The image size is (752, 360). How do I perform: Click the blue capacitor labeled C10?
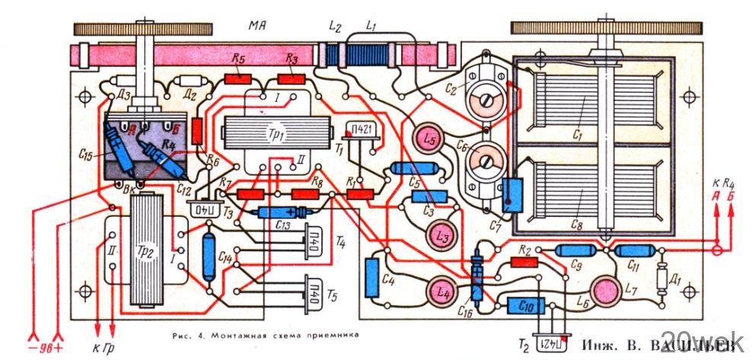[524, 305]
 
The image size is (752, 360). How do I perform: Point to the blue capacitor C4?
[372, 272]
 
